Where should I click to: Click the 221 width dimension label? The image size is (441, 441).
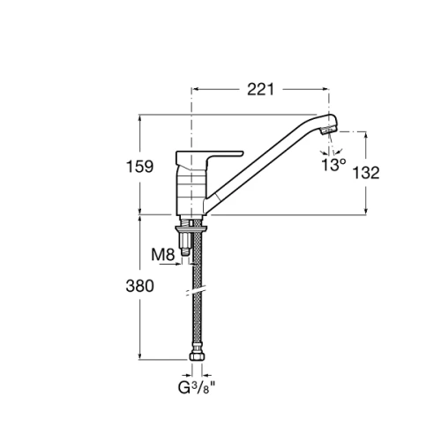[260, 89]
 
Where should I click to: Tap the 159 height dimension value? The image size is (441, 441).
[139, 167]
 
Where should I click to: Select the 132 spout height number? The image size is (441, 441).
[366, 173]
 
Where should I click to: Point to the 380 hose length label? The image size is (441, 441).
[139, 286]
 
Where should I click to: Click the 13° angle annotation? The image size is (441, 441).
[333, 165]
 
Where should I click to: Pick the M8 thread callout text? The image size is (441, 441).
[163, 255]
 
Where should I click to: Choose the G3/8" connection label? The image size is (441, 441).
[197, 388]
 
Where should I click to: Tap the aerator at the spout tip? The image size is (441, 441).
[328, 130]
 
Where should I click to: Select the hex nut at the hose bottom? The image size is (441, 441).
[197, 356]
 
